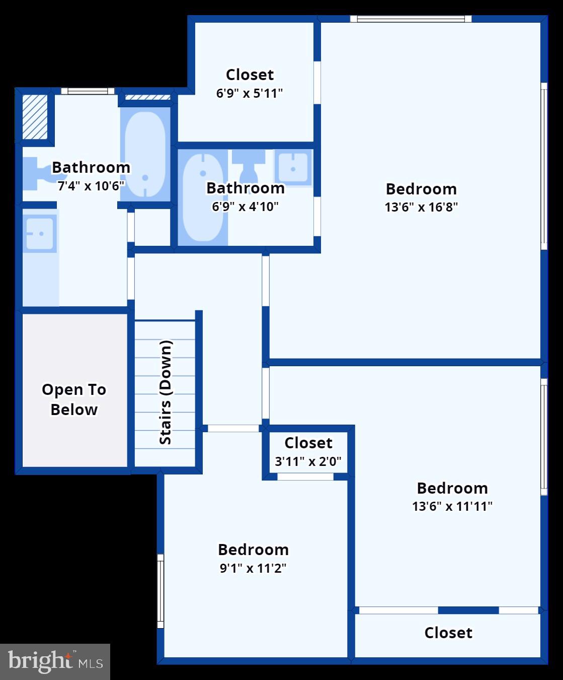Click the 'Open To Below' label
click(74, 399)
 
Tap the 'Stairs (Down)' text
click(166, 393)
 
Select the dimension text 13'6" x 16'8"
click(421, 207)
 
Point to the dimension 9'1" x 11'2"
click(253, 568)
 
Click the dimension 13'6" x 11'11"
click(452, 506)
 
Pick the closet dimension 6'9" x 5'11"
click(250, 93)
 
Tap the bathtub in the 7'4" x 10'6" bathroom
click(145, 154)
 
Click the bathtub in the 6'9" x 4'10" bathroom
click(202, 197)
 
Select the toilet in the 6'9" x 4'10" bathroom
click(248, 164)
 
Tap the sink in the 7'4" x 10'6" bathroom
click(40, 234)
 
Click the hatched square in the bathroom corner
click(35, 116)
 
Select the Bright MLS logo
click(55, 661)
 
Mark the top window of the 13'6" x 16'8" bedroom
click(411, 19)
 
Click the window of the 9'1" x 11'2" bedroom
click(160, 591)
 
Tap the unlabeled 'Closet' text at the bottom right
click(448, 633)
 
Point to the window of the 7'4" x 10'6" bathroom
click(88, 91)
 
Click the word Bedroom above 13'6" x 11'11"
click(452, 488)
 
